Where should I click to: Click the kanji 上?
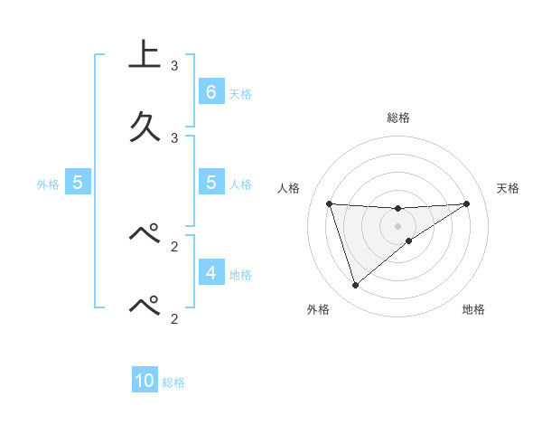coord(145,55)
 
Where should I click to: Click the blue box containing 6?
coord(210,91)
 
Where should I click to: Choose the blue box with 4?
coord(210,271)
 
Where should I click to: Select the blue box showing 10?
coord(145,381)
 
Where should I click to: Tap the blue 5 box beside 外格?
coord(78,182)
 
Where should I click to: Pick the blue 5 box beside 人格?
coord(210,182)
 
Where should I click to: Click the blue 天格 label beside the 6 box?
coord(240,93)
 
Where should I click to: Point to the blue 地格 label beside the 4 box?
coord(240,274)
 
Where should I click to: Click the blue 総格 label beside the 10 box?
coord(173,382)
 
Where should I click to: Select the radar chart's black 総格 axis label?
coord(398,118)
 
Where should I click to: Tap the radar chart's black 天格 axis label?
coord(509,188)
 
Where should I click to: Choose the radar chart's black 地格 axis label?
coord(473,309)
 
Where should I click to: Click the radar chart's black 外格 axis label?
coord(318,309)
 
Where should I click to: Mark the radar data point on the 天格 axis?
coord(466,203)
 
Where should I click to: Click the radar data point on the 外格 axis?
coord(355,286)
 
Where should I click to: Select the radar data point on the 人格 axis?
coord(330,203)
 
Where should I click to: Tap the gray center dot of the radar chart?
coord(398,225)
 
